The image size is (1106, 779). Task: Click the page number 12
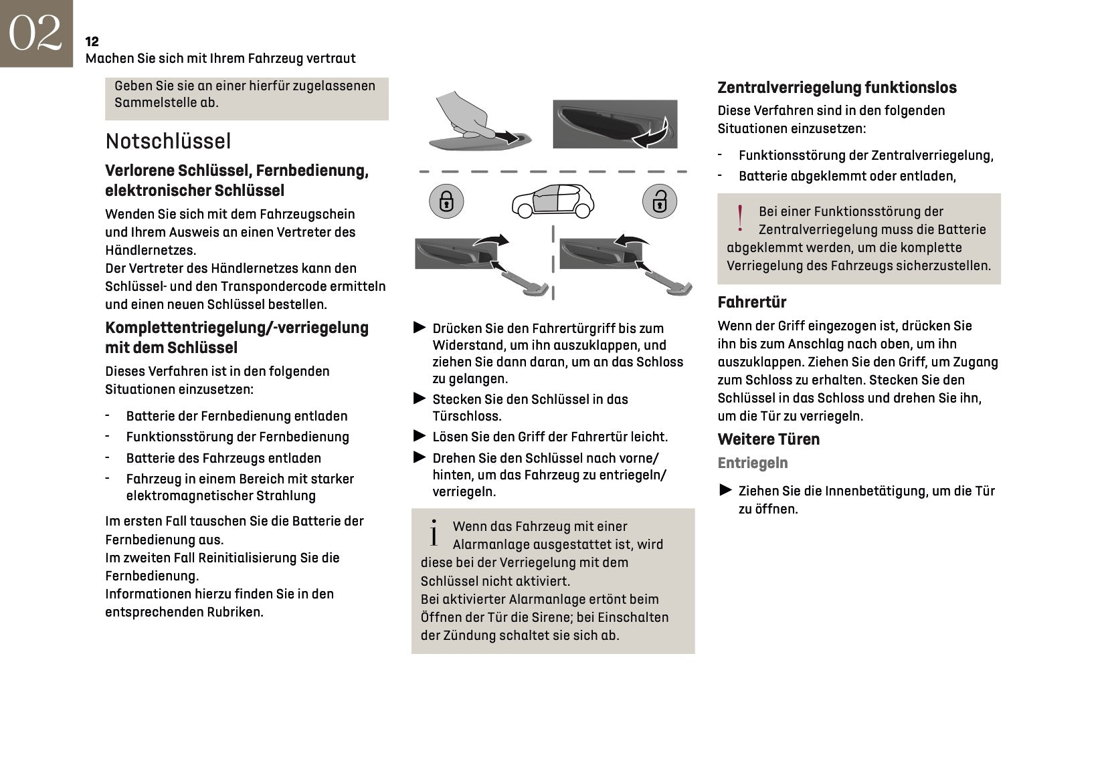tap(92, 41)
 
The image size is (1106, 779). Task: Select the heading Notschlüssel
tap(168, 141)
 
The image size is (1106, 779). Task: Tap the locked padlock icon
tap(446, 201)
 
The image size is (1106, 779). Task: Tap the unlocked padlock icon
tap(659, 201)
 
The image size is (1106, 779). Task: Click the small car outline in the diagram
tap(553, 200)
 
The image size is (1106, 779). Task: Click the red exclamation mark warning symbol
tap(739, 219)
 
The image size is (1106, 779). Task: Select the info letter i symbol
tap(434, 533)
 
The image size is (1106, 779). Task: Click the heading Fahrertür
tap(751, 302)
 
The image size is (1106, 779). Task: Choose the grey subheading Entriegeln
tap(752, 463)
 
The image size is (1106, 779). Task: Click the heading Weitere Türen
tap(768, 439)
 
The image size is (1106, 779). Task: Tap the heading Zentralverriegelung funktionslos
tap(836, 88)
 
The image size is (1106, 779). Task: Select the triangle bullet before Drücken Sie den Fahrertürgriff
tap(420, 328)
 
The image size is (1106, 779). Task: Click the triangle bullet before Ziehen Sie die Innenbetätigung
tap(725, 490)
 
